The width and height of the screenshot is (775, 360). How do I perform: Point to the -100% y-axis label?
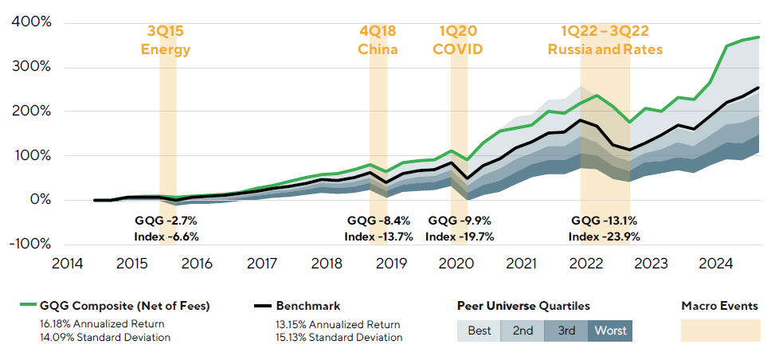coord(29,244)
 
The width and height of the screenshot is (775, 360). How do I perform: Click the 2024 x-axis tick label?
coord(715,263)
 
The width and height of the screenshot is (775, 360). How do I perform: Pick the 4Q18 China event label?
coord(378,41)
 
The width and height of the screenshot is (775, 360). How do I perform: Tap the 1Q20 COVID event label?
coord(458,41)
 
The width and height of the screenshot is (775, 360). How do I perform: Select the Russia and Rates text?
coord(605,49)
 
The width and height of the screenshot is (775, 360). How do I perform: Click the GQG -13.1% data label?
coord(604,220)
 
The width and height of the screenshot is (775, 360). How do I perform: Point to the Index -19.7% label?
coord(460,236)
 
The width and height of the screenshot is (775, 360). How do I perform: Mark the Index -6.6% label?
coord(166,236)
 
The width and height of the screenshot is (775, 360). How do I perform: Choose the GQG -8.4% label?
coord(378,220)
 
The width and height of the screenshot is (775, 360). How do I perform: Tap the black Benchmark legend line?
coord(262,305)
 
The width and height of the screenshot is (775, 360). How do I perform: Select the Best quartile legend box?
coord(479,330)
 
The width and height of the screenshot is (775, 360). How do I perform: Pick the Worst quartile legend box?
coord(610,330)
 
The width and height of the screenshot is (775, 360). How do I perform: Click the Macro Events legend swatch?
coord(714,331)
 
